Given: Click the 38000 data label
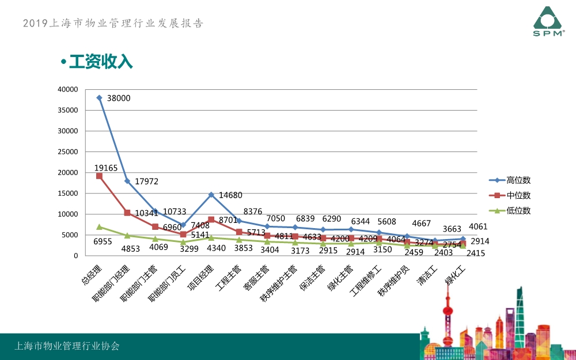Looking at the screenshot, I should (x=119, y=98).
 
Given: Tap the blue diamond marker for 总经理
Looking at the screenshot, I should (x=100, y=98).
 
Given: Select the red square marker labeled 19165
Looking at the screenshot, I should (x=100, y=176).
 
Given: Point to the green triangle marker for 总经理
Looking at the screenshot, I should (x=100, y=227).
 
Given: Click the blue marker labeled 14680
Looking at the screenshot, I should (x=211, y=195).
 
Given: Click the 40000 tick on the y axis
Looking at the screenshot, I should (x=68, y=89).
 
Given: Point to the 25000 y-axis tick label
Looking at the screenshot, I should (x=68, y=151).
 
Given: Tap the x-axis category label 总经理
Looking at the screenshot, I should (x=91, y=275).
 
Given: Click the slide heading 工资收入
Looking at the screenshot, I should (x=101, y=62).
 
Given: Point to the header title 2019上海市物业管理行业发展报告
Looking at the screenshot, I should (x=113, y=24).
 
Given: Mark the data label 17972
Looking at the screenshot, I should (x=146, y=181).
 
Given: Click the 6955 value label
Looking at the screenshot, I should (x=103, y=242).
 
